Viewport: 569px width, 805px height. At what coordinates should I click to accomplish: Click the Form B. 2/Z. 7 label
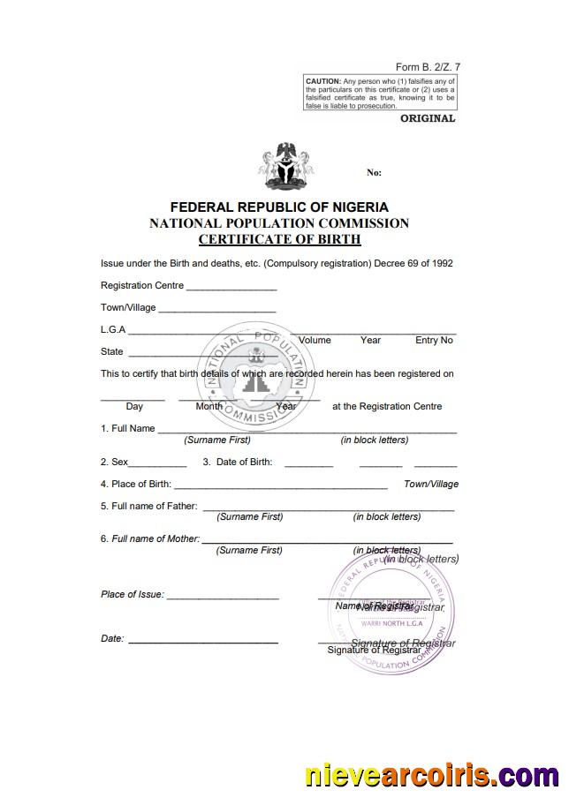[x=428, y=67]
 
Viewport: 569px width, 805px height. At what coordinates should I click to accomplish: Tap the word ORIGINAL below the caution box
[x=428, y=118]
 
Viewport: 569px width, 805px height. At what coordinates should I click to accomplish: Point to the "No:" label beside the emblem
[x=374, y=173]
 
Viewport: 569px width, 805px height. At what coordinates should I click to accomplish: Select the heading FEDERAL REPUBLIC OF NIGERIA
[x=279, y=207]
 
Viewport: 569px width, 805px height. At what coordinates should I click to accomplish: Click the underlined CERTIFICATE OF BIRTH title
[x=279, y=239]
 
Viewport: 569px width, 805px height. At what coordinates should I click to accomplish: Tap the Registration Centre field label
[x=142, y=286]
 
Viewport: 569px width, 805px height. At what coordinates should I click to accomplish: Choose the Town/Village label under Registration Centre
[x=128, y=308]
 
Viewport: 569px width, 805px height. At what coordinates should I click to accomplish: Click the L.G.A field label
[x=113, y=330]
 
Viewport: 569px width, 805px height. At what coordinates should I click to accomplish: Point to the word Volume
[x=315, y=340]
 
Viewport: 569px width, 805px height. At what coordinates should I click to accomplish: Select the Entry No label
[x=434, y=340]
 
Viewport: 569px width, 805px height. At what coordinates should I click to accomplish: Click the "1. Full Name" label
[x=128, y=429]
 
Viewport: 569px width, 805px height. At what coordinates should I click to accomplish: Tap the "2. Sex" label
[x=115, y=462]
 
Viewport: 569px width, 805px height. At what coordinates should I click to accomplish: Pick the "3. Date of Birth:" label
[x=238, y=462]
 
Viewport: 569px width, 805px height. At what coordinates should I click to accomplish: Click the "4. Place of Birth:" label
[x=136, y=485]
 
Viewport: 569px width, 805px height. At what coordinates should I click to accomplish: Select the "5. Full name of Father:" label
[x=149, y=507]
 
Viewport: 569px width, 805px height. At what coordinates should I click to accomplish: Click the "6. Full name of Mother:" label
[x=150, y=538]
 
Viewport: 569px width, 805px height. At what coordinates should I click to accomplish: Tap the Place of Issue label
[x=133, y=595]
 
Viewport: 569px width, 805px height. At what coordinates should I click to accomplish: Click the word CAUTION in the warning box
[x=322, y=81]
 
